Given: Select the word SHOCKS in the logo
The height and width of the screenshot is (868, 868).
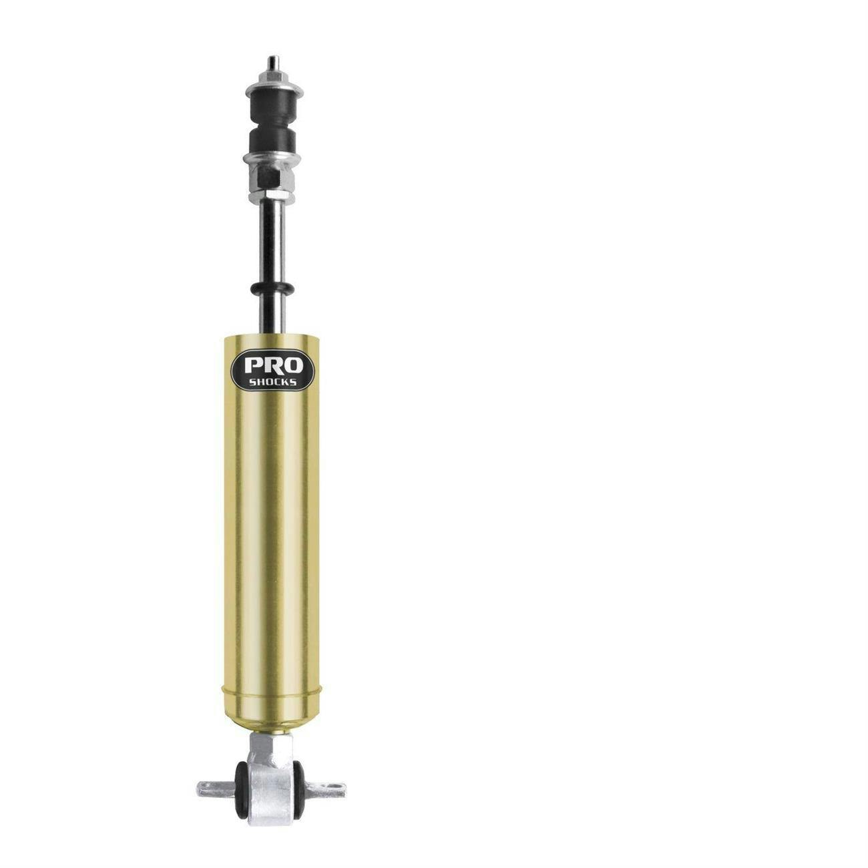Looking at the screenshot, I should (x=274, y=382).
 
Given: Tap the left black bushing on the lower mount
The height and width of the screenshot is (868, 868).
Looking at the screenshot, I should (x=241, y=788).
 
